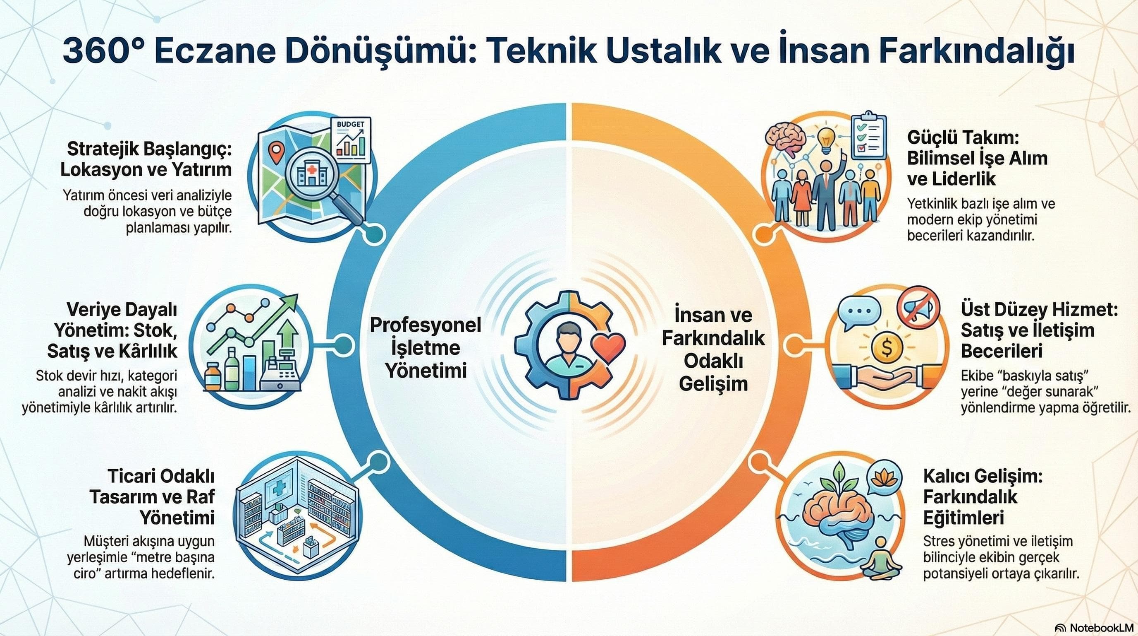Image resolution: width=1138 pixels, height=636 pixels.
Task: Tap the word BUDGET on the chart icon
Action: [350, 124]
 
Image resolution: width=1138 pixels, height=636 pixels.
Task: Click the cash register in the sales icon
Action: [280, 371]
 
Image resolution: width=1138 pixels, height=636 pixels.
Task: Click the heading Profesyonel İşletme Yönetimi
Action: [426, 348]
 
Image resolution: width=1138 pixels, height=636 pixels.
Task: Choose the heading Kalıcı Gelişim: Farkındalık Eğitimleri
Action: [983, 497]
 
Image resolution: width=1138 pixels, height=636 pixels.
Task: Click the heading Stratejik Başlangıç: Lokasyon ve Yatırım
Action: [146, 159]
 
